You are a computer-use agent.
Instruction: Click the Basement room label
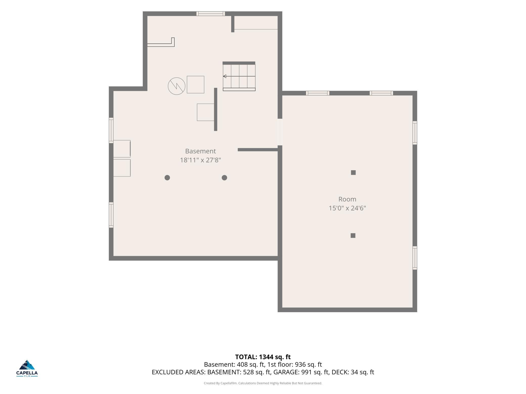[200, 151]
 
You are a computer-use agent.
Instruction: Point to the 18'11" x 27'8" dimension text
[200, 160]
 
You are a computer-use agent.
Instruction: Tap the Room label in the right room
[347, 199]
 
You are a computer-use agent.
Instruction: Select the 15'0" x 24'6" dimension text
[347, 208]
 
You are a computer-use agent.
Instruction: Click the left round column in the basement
[167, 178]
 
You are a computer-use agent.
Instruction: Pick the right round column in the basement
[224, 178]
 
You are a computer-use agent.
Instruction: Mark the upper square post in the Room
[353, 173]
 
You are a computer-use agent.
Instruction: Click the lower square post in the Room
[353, 235]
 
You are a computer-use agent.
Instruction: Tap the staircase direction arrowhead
[225, 76]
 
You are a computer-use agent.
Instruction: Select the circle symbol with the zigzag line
[177, 86]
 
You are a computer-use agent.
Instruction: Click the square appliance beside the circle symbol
[195, 85]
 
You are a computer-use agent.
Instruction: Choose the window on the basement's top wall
[211, 14]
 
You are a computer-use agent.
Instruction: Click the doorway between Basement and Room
[280, 132]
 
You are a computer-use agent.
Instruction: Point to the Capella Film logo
[27, 368]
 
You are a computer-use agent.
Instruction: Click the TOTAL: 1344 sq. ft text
[263, 357]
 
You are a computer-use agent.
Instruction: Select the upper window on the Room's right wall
[415, 133]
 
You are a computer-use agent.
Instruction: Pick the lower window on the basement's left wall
[111, 215]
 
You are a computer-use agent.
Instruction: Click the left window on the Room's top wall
[318, 93]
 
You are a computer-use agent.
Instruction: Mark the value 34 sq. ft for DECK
[362, 372]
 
